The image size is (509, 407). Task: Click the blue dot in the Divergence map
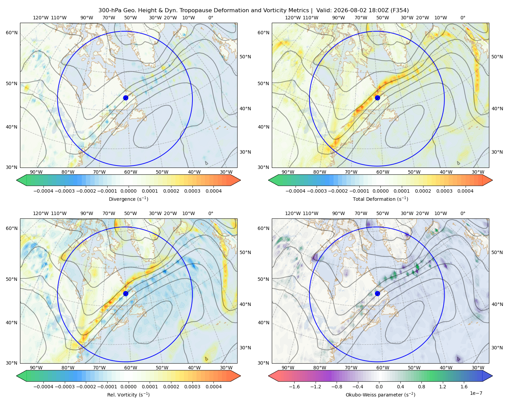(126, 98)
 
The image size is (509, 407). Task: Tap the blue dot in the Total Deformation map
(377, 98)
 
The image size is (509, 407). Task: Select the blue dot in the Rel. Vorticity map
(126, 293)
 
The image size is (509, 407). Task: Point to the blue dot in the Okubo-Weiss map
(377, 293)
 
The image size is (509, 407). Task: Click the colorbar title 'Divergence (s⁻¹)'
(128, 199)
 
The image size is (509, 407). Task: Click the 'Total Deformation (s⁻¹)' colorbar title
(380, 199)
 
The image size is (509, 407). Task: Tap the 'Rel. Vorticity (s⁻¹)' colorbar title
(128, 394)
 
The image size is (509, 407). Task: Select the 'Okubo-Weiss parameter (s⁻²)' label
(380, 394)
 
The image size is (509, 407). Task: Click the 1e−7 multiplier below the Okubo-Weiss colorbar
(476, 393)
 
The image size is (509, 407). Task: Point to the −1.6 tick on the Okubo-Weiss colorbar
(295, 386)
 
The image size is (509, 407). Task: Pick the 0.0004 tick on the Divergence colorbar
(213, 191)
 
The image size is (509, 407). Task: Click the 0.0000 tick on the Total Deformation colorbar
(380, 191)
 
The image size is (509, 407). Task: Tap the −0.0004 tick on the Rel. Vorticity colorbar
(43, 386)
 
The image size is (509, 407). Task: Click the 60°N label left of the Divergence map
(12, 33)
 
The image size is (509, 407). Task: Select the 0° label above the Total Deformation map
(463, 18)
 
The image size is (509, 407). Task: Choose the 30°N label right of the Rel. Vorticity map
(245, 348)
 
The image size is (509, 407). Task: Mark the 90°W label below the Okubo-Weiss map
(288, 368)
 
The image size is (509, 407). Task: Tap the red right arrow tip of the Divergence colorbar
(240, 180)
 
